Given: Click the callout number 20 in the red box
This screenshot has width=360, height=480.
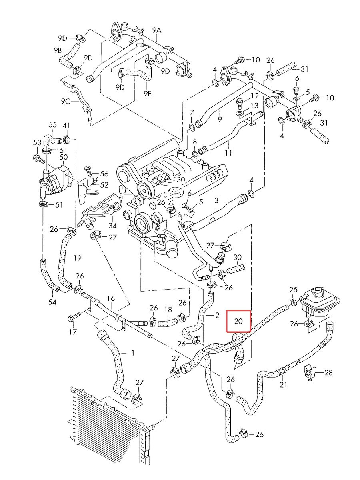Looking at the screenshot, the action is click(x=238, y=321).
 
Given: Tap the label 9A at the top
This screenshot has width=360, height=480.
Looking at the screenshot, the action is click(x=157, y=30).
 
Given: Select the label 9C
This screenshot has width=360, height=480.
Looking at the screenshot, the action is click(x=65, y=101).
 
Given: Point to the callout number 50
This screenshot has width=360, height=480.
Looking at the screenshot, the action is click(x=63, y=157).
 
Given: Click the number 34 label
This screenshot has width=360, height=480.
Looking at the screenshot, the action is click(x=112, y=226).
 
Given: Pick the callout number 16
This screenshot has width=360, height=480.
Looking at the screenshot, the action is click(x=111, y=298).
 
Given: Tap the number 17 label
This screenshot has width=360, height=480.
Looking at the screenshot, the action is click(x=73, y=332).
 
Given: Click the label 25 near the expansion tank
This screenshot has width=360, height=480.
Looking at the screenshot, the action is click(x=293, y=290).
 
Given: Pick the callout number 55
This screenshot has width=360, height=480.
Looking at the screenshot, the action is click(x=52, y=125).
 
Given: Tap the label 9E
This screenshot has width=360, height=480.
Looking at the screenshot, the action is click(x=148, y=94).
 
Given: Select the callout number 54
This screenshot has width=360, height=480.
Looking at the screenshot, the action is click(x=52, y=302).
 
